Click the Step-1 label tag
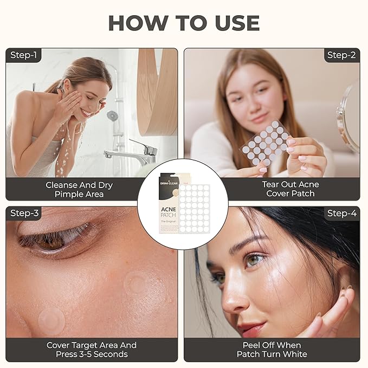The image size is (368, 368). pyautogui.click(x=24, y=55)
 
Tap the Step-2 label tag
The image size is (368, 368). pyautogui.click(x=341, y=55)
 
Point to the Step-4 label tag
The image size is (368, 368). pyautogui.click(x=341, y=213)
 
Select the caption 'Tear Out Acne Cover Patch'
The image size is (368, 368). pyautogui.click(x=291, y=189)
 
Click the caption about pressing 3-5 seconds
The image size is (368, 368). pyautogui.click(x=91, y=350)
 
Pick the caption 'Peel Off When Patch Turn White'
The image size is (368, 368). pyautogui.click(x=272, y=350)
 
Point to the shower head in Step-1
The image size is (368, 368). pyautogui.click(x=113, y=115)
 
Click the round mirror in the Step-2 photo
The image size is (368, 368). pyautogui.click(x=350, y=117)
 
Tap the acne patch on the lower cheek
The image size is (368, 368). pyautogui.click(x=51, y=320)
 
